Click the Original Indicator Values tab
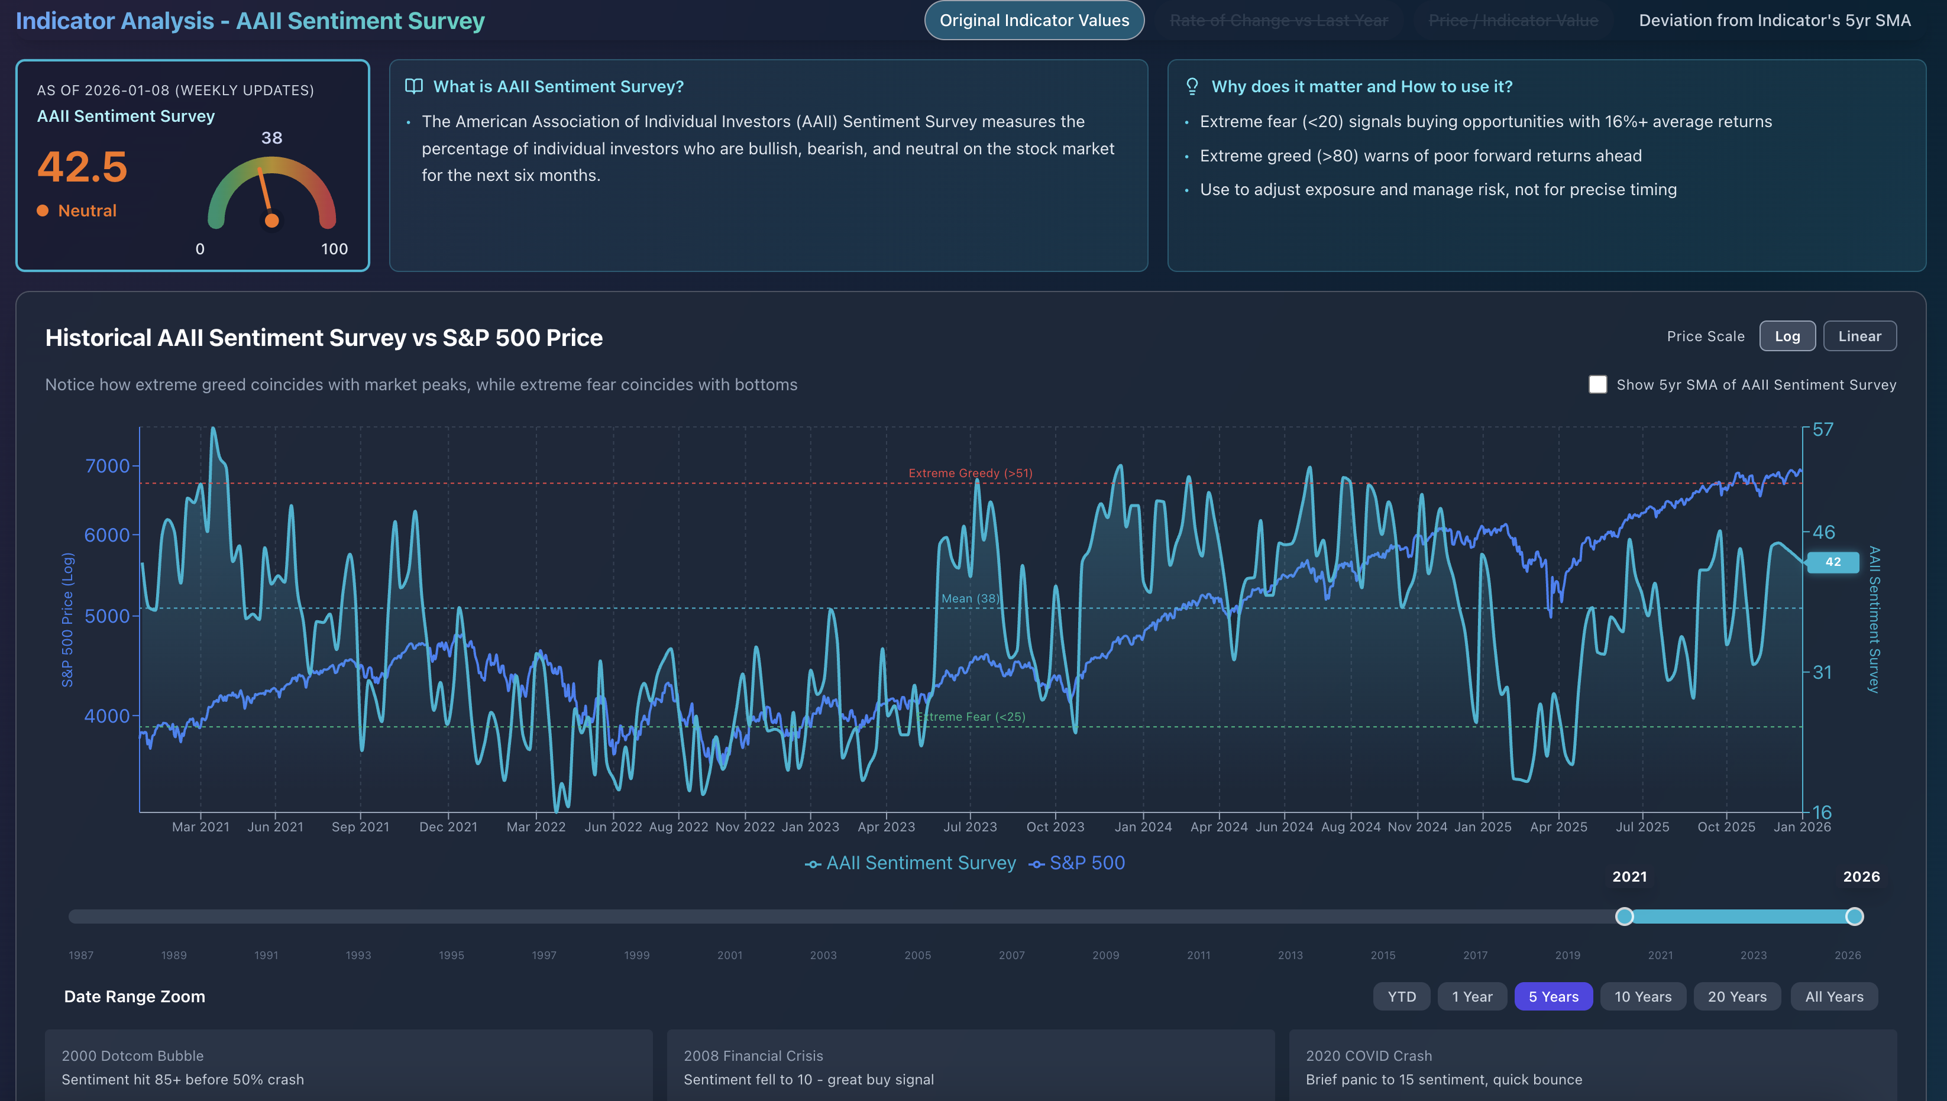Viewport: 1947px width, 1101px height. tap(1034, 21)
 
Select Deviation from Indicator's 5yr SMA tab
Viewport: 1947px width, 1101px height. tap(1774, 21)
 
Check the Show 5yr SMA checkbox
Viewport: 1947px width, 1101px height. tap(1597, 384)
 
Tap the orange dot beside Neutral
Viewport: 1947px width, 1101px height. tap(43, 211)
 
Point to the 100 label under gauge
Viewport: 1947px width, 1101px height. tap(334, 249)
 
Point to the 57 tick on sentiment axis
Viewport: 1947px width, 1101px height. tap(1823, 429)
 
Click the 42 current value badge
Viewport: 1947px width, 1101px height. tap(1832, 562)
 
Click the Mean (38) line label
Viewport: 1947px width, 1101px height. tap(970, 598)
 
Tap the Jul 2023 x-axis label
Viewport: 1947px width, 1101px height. tap(970, 827)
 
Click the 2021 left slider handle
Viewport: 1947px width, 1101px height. tap(1624, 917)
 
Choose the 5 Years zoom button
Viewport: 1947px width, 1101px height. tap(1553, 997)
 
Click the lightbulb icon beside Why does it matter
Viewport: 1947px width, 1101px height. tap(1192, 86)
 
